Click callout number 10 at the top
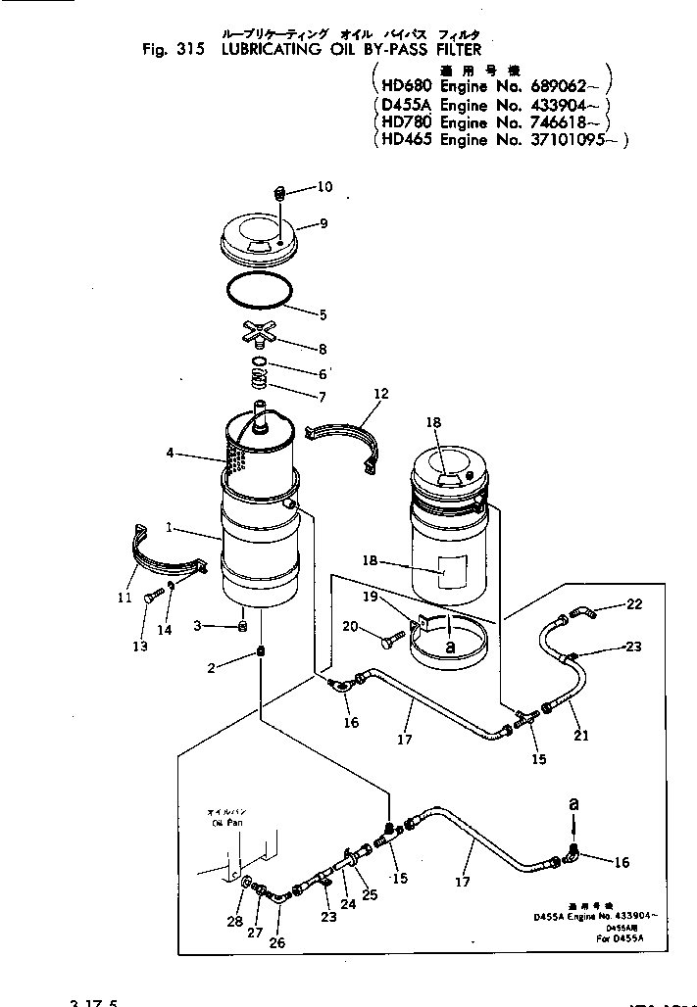click(x=324, y=186)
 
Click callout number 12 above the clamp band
click(x=380, y=394)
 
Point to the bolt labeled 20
click(x=385, y=639)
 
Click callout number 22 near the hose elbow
click(x=634, y=604)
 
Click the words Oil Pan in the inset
click(x=225, y=823)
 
